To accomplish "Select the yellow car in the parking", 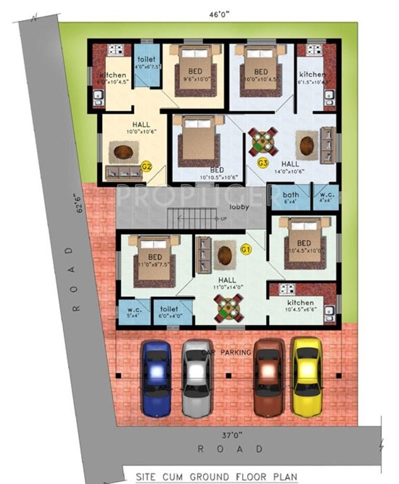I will click(x=307, y=376).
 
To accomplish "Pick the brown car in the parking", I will click(x=269, y=377).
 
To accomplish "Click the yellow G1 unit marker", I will click(x=246, y=250).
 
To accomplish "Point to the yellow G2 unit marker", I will click(x=147, y=166).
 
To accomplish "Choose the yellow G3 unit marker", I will click(x=263, y=163).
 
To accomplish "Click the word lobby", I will click(x=240, y=207).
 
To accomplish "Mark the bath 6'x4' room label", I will click(x=291, y=197).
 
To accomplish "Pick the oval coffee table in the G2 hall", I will click(x=124, y=151).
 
